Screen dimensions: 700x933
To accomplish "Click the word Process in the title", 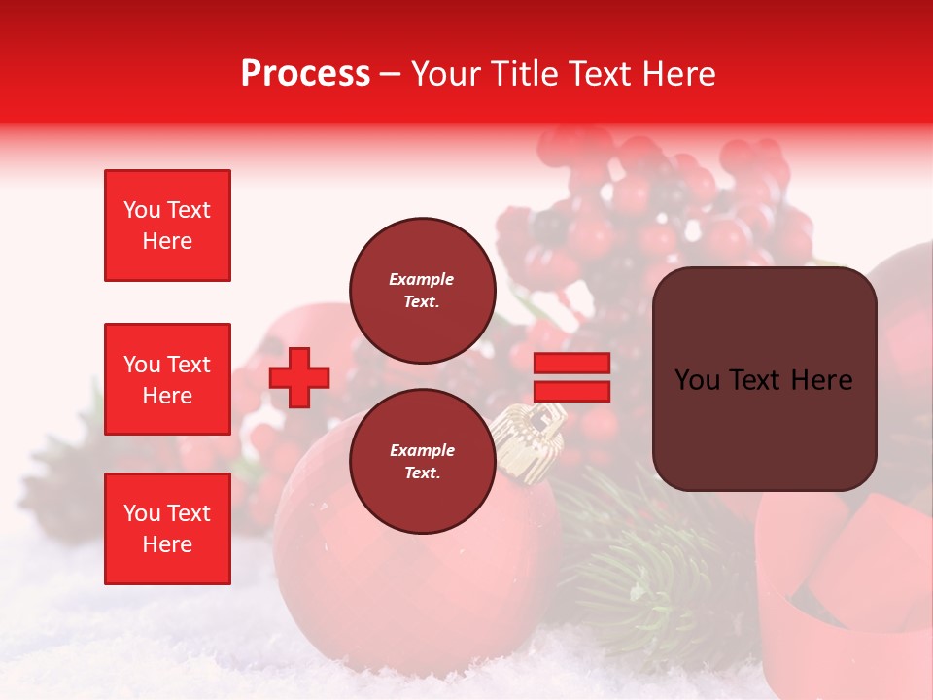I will click(x=305, y=74).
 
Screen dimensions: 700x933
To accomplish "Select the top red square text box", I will click(x=167, y=226).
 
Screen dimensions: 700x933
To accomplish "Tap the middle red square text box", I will click(x=167, y=379).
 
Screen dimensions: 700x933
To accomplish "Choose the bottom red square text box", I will click(x=167, y=528).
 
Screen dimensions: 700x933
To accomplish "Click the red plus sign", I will click(x=299, y=377).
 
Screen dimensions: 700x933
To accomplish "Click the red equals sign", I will click(x=571, y=377).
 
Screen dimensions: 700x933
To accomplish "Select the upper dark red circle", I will click(x=422, y=291).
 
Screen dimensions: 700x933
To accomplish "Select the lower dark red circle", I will click(x=422, y=462).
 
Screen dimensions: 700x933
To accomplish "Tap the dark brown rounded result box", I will click(x=764, y=379).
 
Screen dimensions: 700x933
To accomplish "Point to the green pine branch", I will click(x=641, y=564).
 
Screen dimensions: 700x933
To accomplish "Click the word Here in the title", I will click(x=676, y=74).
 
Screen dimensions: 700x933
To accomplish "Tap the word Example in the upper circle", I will click(x=422, y=279).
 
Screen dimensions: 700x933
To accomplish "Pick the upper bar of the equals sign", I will click(x=571, y=364).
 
